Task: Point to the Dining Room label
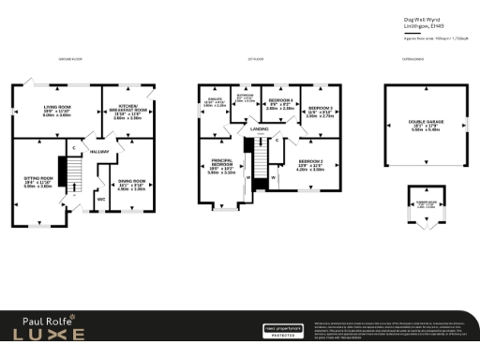pos(131,184)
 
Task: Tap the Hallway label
pos(99,151)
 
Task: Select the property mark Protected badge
pos(282,332)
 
